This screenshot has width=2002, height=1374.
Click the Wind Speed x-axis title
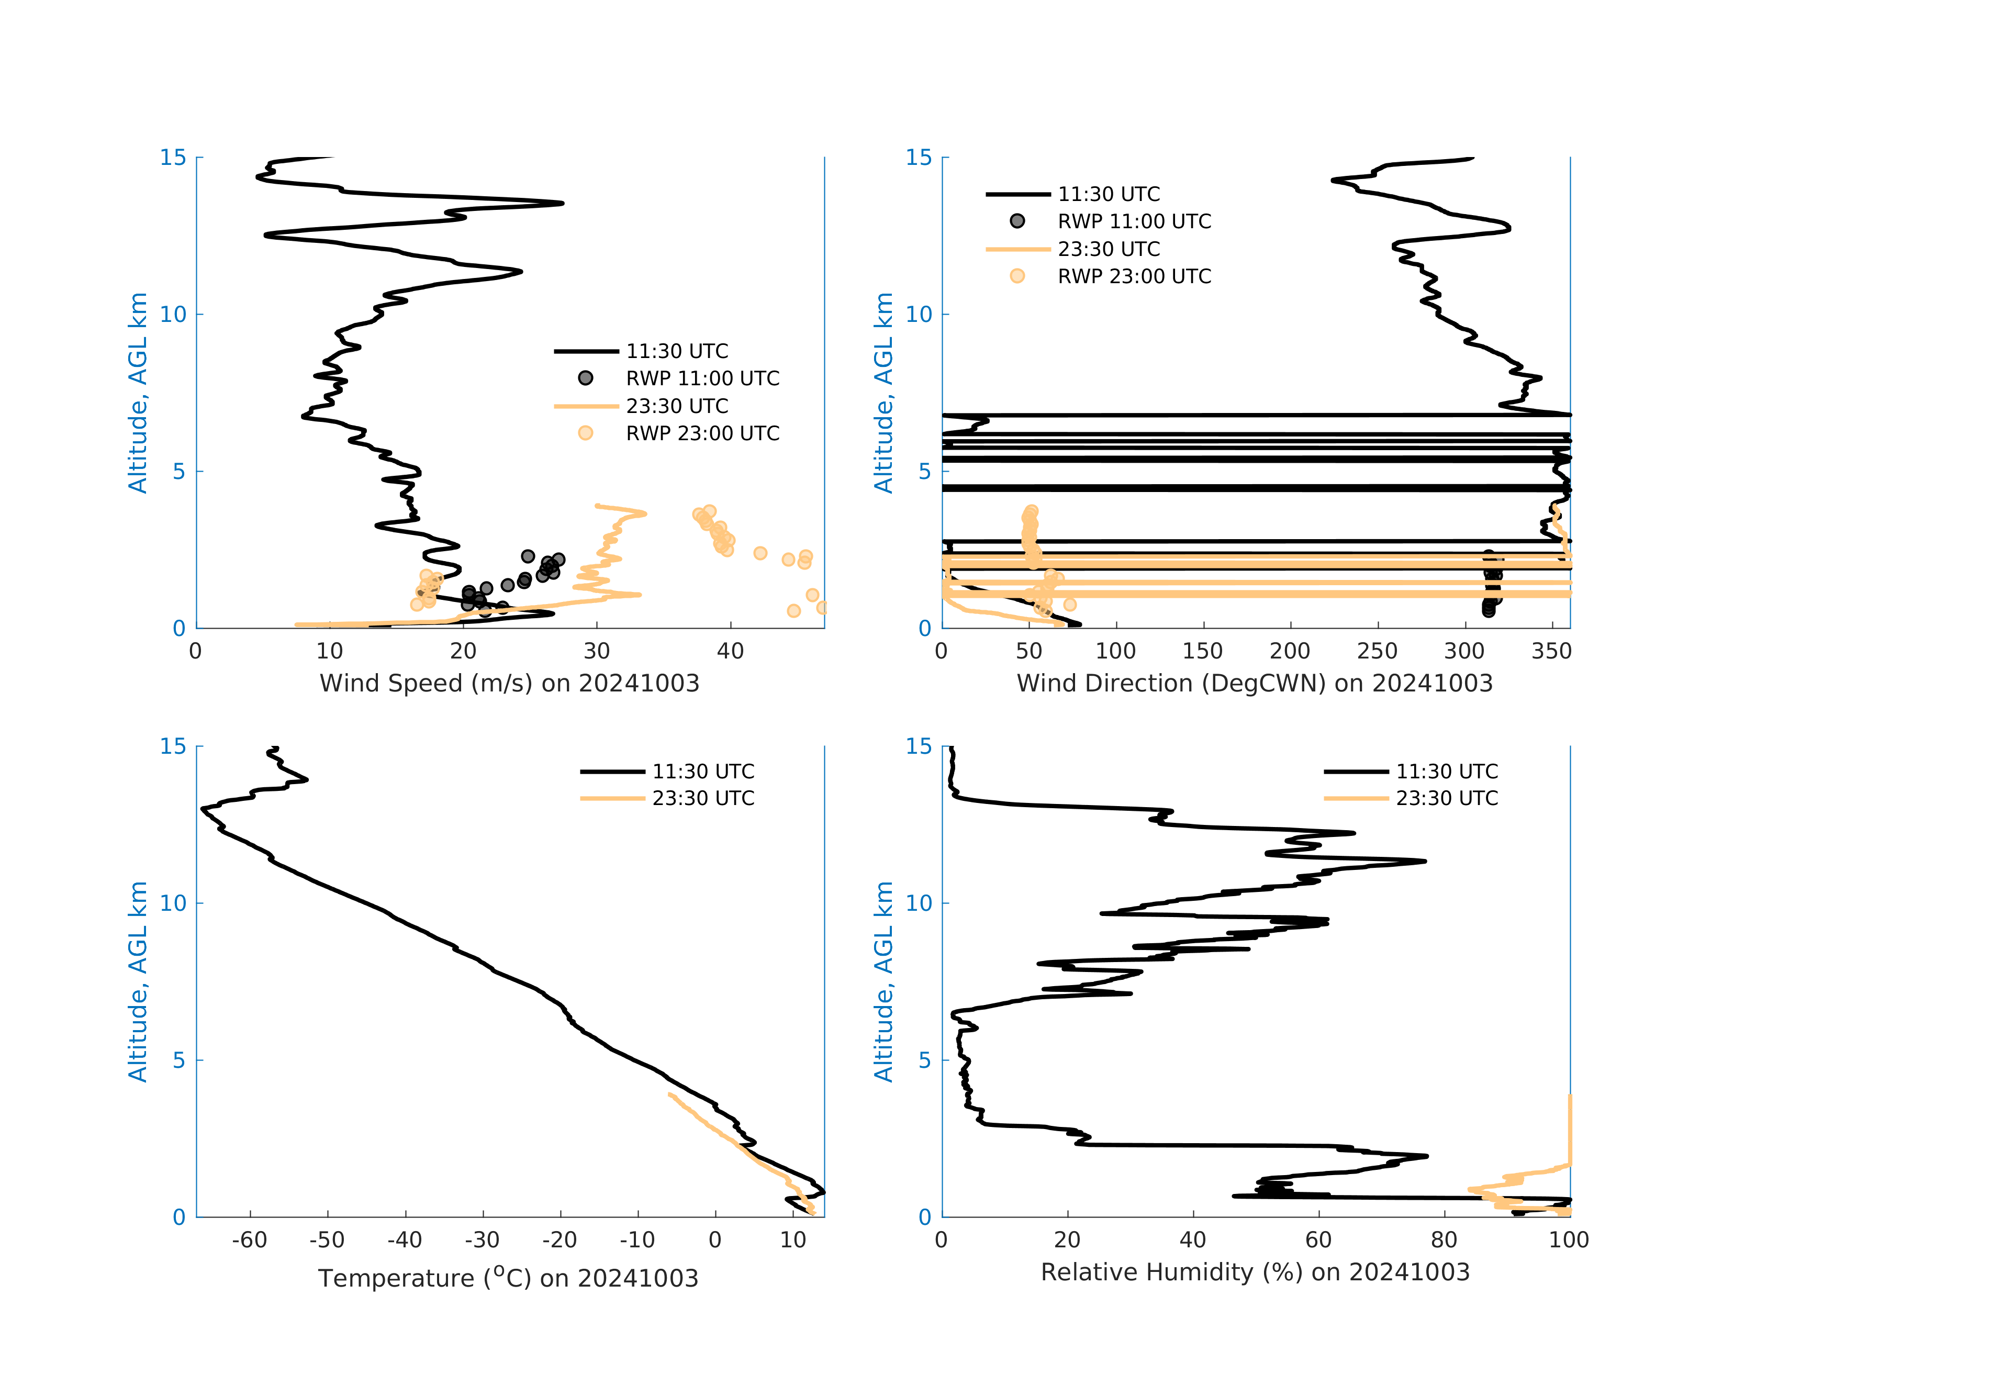click(x=509, y=683)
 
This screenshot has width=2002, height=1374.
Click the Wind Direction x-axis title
click(x=1254, y=683)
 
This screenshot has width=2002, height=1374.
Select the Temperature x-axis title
click(x=508, y=1278)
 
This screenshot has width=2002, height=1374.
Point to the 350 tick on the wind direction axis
click(x=1551, y=651)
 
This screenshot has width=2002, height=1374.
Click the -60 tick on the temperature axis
click(x=250, y=1241)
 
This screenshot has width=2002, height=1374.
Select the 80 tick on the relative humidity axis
click(x=1444, y=1241)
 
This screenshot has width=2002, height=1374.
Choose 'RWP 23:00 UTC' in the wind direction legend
click(x=1134, y=276)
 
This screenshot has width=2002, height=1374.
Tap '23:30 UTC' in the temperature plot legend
click(x=703, y=799)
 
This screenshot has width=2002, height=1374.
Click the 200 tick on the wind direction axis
click(x=1290, y=651)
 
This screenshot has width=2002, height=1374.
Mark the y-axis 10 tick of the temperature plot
click(x=174, y=903)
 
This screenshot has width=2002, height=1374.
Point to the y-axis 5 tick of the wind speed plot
click(x=179, y=471)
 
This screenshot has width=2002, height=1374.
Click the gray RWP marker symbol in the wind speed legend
click(x=586, y=378)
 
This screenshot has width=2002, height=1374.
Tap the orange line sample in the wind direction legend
click(x=1017, y=249)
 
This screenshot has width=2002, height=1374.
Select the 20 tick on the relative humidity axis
click(x=1067, y=1241)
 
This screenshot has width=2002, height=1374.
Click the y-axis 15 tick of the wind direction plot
click(x=919, y=158)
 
